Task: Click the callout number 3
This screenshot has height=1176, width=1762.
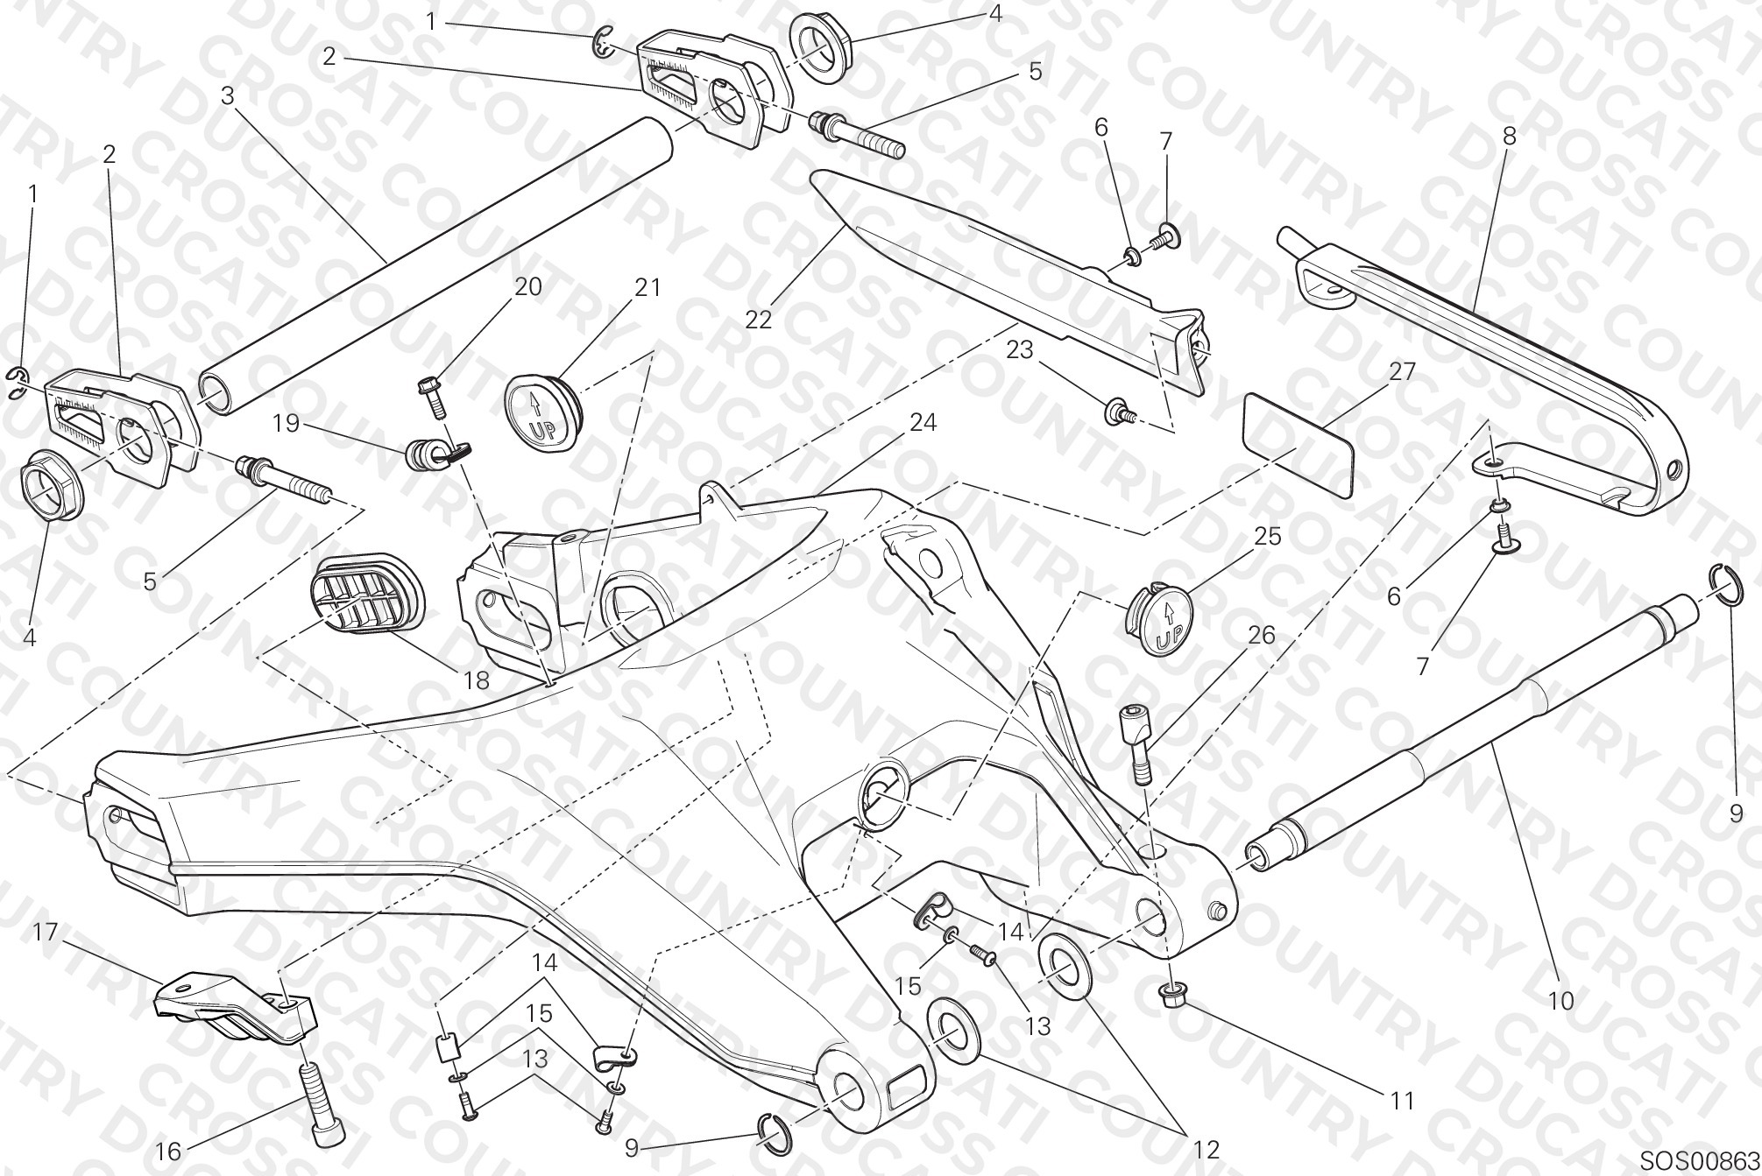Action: pyautogui.click(x=228, y=95)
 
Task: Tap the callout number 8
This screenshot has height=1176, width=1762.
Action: pyautogui.click(x=1509, y=137)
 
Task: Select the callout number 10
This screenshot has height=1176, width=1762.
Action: pyautogui.click(x=1561, y=999)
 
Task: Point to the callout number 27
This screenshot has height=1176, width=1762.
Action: pyautogui.click(x=1402, y=371)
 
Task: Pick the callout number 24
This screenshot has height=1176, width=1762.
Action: pyautogui.click(x=923, y=422)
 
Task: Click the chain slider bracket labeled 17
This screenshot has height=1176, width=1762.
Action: pyautogui.click(x=235, y=1010)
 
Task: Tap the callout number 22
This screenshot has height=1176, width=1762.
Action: pyautogui.click(x=759, y=320)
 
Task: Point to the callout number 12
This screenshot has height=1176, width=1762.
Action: pyautogui.click(x=1207, y=1149)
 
